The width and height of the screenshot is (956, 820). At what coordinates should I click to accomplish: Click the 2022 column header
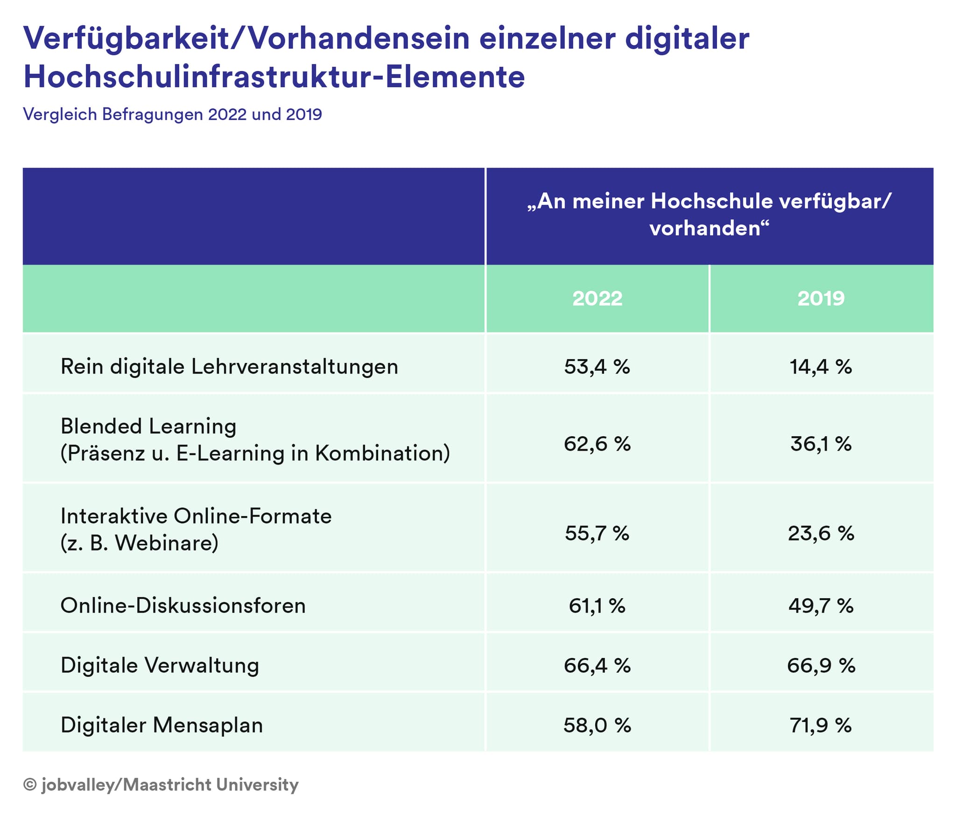[x=597, y=298]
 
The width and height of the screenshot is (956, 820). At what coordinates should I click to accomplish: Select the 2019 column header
[x=821, y=298]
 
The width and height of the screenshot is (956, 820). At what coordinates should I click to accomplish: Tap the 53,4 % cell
[x=597, y=367]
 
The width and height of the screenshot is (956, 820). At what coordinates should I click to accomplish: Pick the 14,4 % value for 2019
[x=821, y=367]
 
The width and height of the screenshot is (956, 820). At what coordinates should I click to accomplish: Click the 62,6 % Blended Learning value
[x=597, y=444]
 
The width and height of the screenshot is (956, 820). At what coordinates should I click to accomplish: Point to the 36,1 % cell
[x=821, y=444]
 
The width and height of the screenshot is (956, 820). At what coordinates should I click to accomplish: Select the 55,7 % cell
[x=597, y=533]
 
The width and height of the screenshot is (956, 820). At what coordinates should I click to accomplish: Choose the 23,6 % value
[x=821, y=533]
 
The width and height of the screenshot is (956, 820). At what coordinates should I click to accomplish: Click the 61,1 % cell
[x=597, y=606]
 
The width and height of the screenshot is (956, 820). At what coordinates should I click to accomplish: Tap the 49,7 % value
[x=821, y=606]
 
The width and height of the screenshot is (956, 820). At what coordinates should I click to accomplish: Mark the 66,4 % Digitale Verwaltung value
[x=597, y=665]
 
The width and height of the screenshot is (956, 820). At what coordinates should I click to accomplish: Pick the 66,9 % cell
[x=821, y=665]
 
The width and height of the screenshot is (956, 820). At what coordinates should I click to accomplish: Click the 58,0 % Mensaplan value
[x=597, y=725]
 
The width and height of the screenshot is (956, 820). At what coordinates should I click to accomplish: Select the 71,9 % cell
[x=821, y=725]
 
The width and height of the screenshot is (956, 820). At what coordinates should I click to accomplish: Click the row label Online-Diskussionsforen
[x=183, y=606]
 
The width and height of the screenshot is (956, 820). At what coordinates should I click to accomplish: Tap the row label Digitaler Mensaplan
[x=162, y=725]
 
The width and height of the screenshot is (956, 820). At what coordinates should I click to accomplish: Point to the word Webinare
[x=167, y=543]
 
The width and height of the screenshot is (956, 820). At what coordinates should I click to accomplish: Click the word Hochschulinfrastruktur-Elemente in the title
[x=274, y=77]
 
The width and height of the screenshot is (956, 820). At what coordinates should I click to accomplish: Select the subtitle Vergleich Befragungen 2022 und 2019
[x=172, y=114]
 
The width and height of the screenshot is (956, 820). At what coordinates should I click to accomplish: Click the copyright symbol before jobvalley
[x=30, y=785]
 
